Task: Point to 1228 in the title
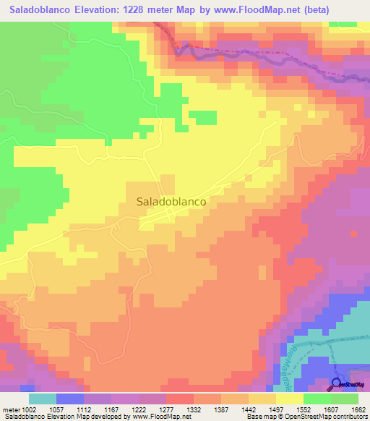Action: (152, 10)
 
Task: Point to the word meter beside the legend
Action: (11, 409)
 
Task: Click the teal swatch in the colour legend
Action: (43, 399)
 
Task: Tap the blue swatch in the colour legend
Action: (70, 399)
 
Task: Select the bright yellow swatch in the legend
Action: (290, 399)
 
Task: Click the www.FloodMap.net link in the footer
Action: (155, 417)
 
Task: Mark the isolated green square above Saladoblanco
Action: (205, 118)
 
